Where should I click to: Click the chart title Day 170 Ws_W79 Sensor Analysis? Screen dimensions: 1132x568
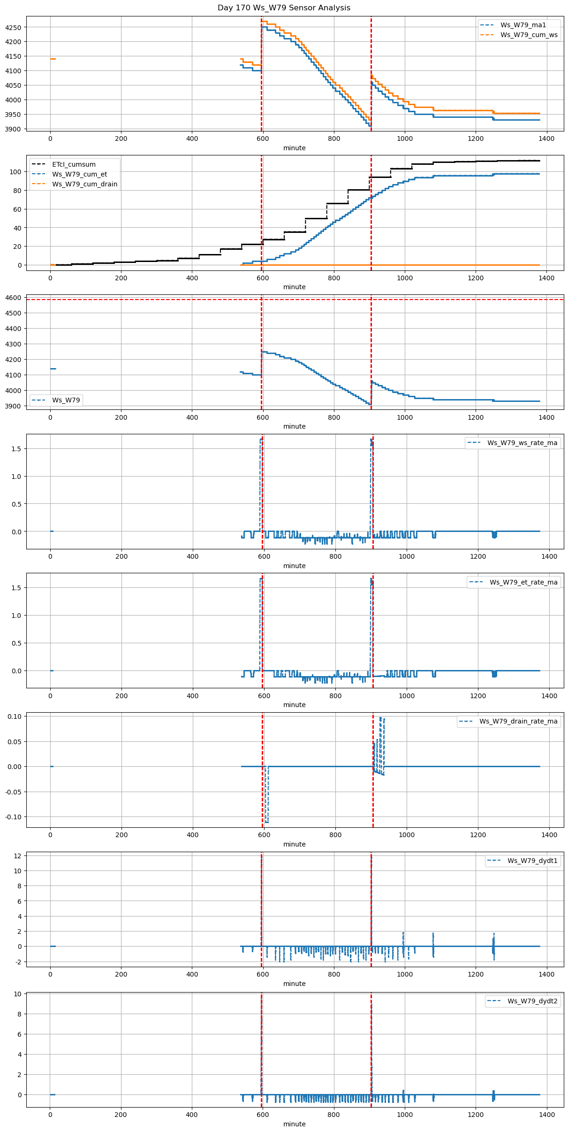pyautogui.click(x=284, y=8)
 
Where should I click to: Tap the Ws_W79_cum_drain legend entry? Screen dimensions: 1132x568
pyautogui.click(x=84, y=184)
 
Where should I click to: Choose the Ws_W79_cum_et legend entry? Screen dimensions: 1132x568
pyautogui.click(x=79, y=174)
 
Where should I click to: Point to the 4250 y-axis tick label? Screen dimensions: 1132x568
pyautogui.click(x=13, y=27)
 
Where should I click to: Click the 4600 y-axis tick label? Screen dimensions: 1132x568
pyautogui.click(x=13, y=298)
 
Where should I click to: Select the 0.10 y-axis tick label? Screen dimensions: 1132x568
pyautogui.click(x=15, y=716)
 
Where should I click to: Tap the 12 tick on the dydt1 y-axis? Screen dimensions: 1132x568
pyautogui.click(x=18, y=856)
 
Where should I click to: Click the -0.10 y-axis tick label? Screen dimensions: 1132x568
pyautogui.click(x=14, y=817)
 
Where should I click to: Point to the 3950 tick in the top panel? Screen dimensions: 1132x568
pyautogui.click(x=13, y=115)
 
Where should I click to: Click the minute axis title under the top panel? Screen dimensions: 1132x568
pyautogui.click(x=294, y=148)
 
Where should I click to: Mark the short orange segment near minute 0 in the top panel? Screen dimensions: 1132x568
pyautogui.click(x=53, y=59)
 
